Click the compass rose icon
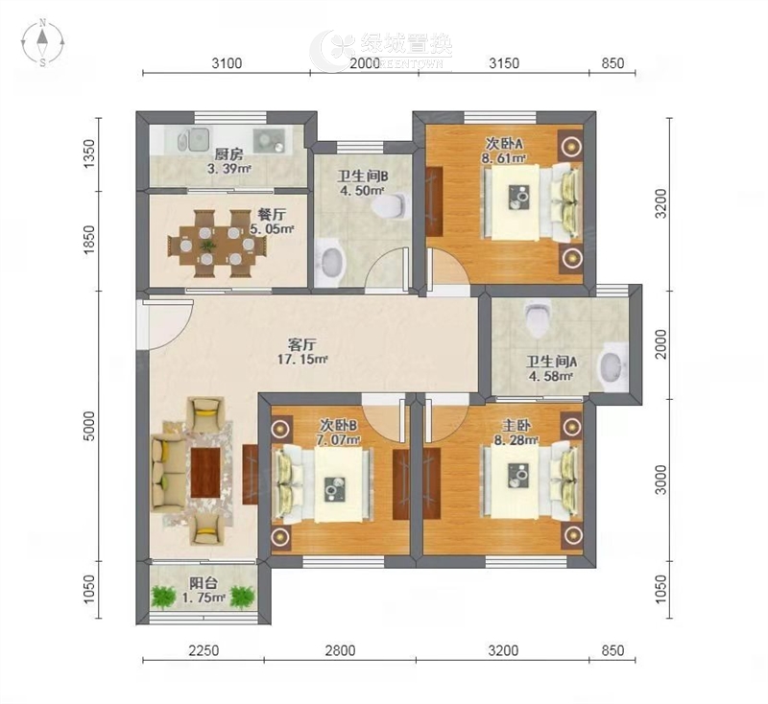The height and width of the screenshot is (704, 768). (x=43, y=42)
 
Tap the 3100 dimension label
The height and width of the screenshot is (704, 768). (x=227, y=63)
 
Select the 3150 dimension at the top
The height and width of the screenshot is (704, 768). (x=504, y=63)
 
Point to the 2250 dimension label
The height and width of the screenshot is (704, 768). (x=204, y=650)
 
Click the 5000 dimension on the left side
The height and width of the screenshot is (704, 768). (x=89, y=426)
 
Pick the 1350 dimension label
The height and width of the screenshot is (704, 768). (x=89, y=154)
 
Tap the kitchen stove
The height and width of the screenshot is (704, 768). (x=269, y=139)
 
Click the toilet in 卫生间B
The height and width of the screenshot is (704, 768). (x=390, y=206)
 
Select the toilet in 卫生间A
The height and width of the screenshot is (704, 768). (x=538, y=320)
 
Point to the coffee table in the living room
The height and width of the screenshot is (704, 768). (x=205, y=473)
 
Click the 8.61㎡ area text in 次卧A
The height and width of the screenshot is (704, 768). (x=503, y=158)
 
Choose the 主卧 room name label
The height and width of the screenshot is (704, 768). (x=516, y=426)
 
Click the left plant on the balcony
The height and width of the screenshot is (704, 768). (x=163, y=596)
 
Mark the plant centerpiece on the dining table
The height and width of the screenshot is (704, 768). (x=207, y=245)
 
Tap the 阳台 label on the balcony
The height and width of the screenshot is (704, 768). (x=204, y=583)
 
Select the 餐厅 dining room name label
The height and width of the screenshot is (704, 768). (x=272, y=215)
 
